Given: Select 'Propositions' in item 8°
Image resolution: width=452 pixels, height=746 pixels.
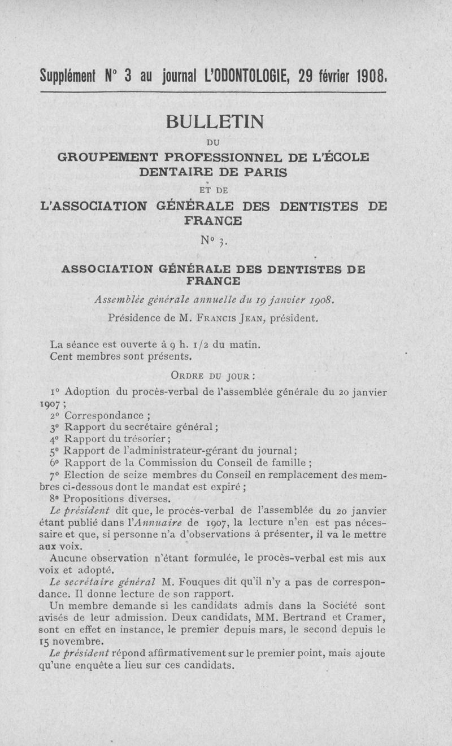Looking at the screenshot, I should tap(93, 499).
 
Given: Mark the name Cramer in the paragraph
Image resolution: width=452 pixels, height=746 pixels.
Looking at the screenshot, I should tap(364, 618).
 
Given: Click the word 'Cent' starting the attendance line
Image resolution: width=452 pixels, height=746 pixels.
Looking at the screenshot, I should tap(61, 356).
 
